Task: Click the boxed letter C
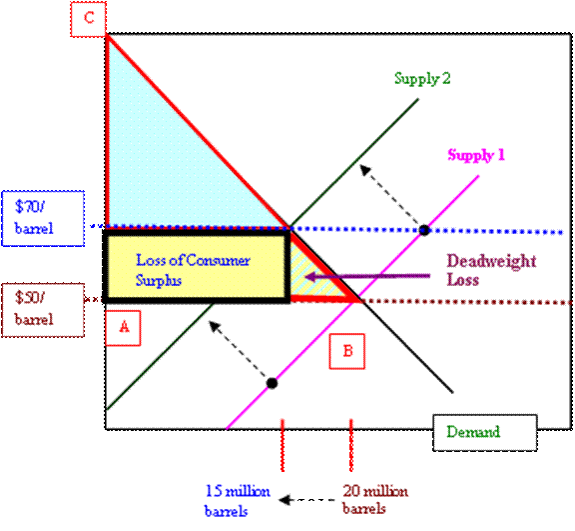click(89, 19)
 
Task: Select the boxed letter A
click(123, 328)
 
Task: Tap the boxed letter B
click(347, 351)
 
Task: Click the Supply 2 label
click(422, 79)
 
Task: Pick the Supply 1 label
click(476, 155)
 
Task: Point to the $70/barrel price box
click(43, 218)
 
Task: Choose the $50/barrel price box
click(43, 310)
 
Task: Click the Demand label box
click(485, 433)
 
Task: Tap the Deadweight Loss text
click(491, 270)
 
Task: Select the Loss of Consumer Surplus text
click(193, 270)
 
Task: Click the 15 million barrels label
click(238, 501)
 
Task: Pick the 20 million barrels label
click(375, 499)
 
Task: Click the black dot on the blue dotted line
click(424, 230)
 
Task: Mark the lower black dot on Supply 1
click(272, 383)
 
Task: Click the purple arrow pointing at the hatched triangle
click(367, 276)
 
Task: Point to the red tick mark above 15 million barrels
click(283, 445)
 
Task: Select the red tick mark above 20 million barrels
click(351, 445)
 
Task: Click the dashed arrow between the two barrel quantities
click(307, 500)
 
